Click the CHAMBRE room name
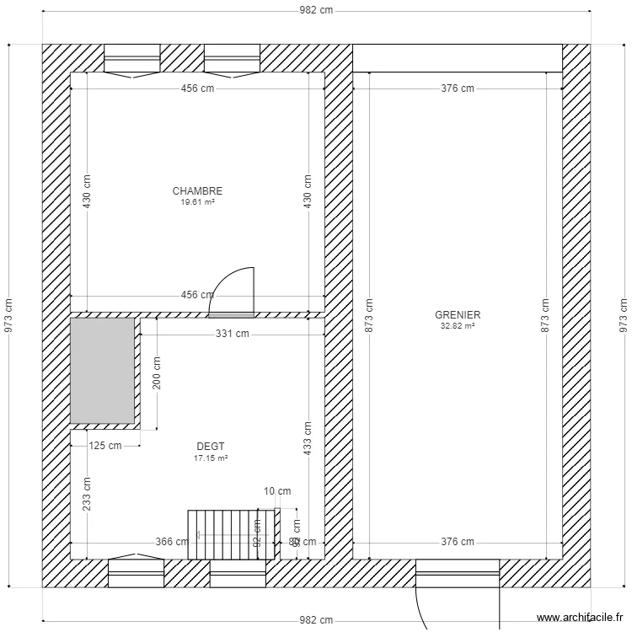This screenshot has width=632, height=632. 197,191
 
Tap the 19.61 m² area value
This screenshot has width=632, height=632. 197,202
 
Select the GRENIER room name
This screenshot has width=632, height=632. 458,315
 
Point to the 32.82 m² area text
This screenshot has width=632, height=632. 458,326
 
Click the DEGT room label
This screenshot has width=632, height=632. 211,447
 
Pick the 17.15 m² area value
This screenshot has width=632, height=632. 211,458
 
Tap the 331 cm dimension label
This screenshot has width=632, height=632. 233,334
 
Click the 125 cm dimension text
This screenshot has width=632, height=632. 105,446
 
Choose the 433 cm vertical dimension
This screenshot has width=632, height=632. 308,438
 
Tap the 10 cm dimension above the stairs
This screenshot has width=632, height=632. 277,491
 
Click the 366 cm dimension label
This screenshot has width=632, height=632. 173,542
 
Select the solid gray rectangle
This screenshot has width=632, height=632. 102,370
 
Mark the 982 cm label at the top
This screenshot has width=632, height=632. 317,10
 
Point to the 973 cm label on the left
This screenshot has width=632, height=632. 8,317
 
